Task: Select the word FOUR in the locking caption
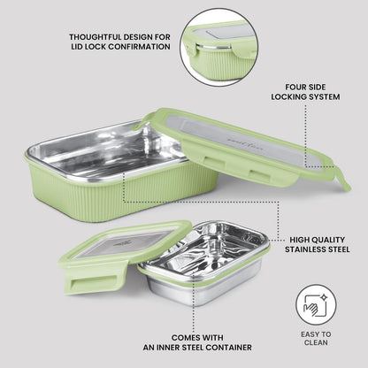click(295, 87)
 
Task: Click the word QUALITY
click(328, 240)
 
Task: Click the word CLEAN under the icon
click(316, 342)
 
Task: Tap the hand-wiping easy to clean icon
click(316, 305)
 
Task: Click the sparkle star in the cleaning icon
click(324, 298)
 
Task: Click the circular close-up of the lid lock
click(218, 47)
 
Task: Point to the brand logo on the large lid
click(247, 144)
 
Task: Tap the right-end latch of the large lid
click(343, 179)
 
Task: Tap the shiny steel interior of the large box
click(109, 150)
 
